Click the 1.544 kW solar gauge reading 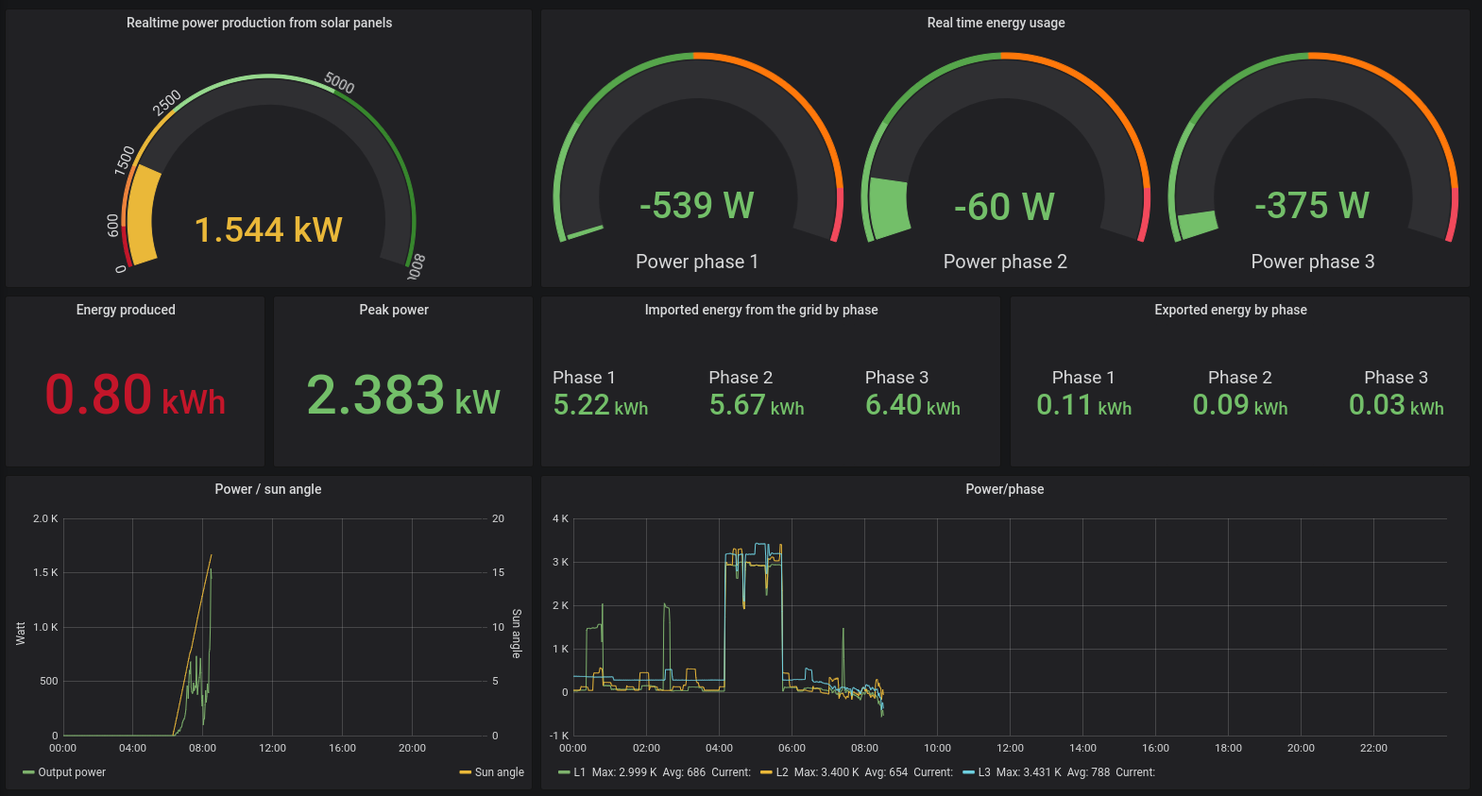point(268,229)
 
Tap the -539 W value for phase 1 point(696,205)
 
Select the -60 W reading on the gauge point(1004,207)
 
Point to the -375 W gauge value point(1312,205)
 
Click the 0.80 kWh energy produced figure point(135,395)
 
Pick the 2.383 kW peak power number point(403,395)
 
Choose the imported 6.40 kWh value point(912,405)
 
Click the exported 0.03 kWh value point(1396,405)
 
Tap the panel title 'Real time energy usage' point(996,23)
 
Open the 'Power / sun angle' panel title point(267,489)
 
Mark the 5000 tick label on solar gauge point(339,83)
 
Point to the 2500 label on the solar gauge point(167,102)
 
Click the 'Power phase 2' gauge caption point(1005,262)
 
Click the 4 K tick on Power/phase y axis point(560,518)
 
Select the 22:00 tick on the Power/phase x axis point(1373,748)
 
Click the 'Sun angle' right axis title point(517,634)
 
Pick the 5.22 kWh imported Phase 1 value point(600,405)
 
